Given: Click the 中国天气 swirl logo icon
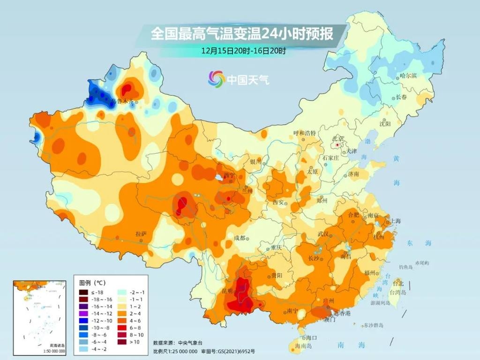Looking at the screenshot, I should pos(217,79).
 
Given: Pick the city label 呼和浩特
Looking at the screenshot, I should pos(304,133).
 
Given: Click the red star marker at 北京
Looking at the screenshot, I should pos(337,145).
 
